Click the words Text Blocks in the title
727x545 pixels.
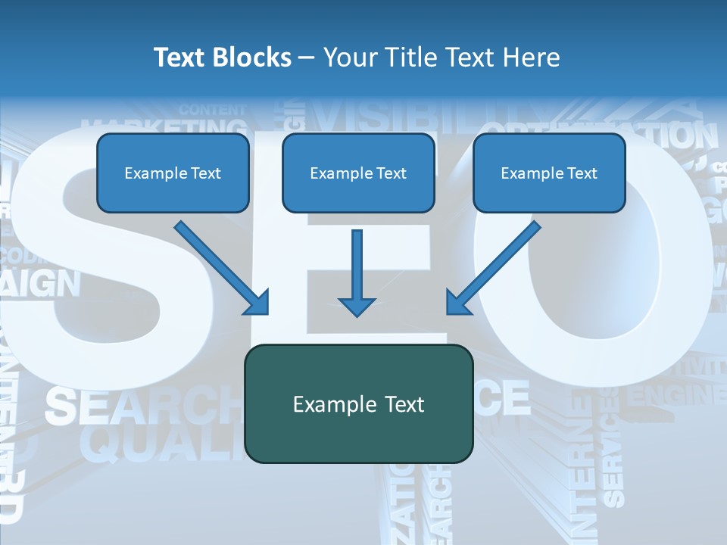pos(222,58)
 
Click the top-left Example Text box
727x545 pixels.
pos(173,173)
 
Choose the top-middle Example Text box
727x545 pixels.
pos(358,173)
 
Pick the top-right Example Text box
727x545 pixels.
pos(549,173)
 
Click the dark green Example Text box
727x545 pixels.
pos(358,403)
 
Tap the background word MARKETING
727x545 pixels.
pos(163,126)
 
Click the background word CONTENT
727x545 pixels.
pos(212,109)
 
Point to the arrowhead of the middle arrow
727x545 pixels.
pos(357,306)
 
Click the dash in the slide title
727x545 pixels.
pos(307,58)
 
